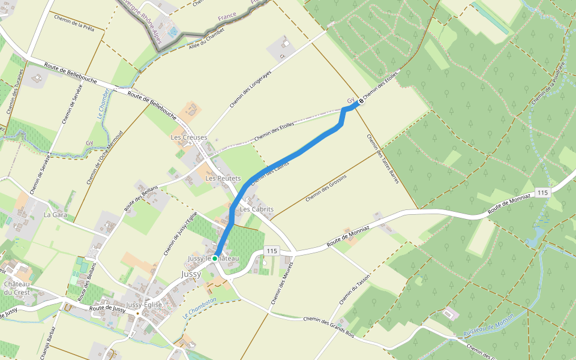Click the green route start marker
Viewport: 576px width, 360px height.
tap(214, 258)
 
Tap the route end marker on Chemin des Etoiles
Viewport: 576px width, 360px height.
tap(361, 103)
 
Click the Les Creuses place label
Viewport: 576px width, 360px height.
tap(188, 137)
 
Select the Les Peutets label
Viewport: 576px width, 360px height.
tap(223, 179)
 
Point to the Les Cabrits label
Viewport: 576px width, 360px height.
tap(257, 209)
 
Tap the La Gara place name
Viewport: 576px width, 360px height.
tap(55, 214)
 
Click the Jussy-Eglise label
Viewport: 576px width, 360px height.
tap(144, 305)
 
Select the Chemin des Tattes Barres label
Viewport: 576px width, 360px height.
tap(383, 159)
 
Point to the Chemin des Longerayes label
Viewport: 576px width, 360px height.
tap(250, 89)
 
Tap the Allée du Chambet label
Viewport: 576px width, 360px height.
tap(202, 41)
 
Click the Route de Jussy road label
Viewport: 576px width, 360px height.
tap(107, 308)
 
